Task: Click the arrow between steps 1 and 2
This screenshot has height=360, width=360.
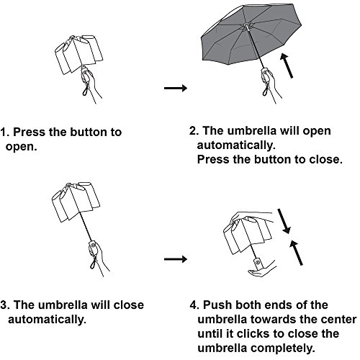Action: coord(176,88)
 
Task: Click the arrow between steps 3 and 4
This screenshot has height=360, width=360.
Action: coord(176,259)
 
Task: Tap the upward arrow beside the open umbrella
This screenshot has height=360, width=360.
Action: coord(287,66)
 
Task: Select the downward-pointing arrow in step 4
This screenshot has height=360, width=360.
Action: coord(284,221)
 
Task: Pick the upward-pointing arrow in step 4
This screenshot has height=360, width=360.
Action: coord(296,253)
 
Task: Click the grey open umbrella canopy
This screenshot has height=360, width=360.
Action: coord(251,34)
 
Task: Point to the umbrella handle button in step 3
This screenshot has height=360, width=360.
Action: coord(93,246)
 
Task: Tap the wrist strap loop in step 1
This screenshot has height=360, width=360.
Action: coord(86,90)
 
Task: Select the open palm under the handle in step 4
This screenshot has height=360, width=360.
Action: coord(261,271)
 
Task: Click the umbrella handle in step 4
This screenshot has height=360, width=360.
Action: coord(258,264)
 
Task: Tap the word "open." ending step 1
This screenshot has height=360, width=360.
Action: coord(22,147)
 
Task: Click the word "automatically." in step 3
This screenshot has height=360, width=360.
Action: coord(48,320)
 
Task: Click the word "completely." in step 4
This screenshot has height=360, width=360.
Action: coord(282,348)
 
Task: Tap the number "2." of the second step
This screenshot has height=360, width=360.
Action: coord(194,131)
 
